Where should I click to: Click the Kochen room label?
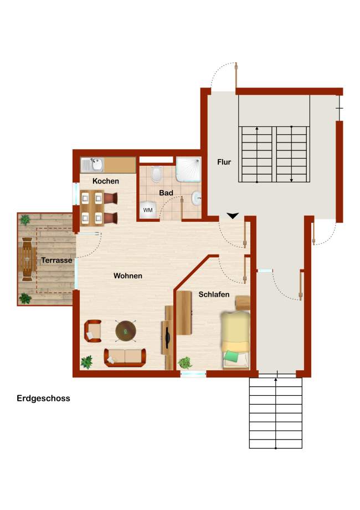[x=106, y=181]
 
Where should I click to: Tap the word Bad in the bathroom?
[x=166, y=193]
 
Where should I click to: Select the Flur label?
[x=224, y=162]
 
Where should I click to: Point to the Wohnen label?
[x=128, y=276]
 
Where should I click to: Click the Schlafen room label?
[x=214, y=294]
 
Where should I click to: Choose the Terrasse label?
[x=56, y=260]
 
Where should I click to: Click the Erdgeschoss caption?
[x=43, y=399]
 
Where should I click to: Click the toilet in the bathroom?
[x=157, y=174]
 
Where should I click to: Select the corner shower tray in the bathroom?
[x=188, y=170]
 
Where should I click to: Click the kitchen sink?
[x=92, y=165]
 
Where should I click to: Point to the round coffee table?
[x=126, y=331]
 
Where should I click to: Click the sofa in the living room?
[x=125, y=358]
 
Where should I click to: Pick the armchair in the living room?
[x=93, y=331]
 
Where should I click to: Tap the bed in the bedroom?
[x=236, y=340]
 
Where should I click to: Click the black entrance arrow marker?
[x=233, y=216]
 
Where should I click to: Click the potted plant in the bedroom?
[x=185, y=363]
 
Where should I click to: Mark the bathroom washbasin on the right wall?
[x=197, y=198]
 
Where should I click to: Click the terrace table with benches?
[x=27, y=259]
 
